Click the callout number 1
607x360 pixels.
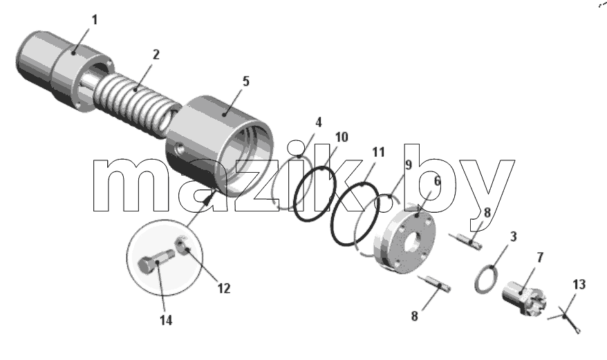click(95, 20)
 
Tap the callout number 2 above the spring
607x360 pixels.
click(156, 55)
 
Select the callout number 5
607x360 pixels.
click(246, 82)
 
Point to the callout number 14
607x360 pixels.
click(166, 320)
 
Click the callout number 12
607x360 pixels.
click(224, 288)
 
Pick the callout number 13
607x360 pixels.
click(579, 285)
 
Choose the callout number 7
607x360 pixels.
click(540, 257)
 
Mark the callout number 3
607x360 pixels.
click(513, 236)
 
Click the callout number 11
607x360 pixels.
click(378, 152)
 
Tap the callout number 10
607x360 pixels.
click(342, 137)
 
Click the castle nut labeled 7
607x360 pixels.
click(525, 298)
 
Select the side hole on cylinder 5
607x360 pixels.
click(180, 149)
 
